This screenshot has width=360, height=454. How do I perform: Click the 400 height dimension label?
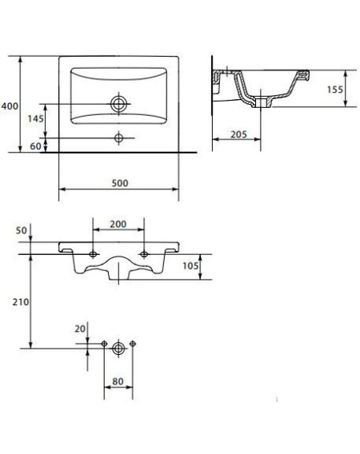tap(10, 106)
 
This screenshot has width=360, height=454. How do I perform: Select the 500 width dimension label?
tap(120, 183)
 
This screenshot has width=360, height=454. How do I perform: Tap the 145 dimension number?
tap(35, 118)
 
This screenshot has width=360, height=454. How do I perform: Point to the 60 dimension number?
tap(35, 146)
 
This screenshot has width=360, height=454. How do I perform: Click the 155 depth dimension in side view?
tap(334, 90)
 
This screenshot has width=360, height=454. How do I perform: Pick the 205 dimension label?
tap(238, 134)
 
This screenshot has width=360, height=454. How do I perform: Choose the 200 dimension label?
tap(118, 224)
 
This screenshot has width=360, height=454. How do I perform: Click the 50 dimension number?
tap(21, 230)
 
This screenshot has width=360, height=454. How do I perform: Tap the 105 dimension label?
tap(190, 265)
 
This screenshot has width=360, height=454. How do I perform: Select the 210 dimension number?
tap(21, 302)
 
